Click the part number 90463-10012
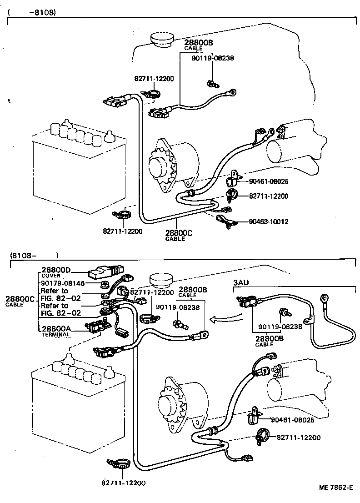pos(269,222)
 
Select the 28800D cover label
pos(56,270)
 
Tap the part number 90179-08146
pos(62,283)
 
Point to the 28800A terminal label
pos(56,329)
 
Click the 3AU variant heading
pos(241,283)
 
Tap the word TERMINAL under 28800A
pos(55,334)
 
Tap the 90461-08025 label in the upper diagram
pos(269,181)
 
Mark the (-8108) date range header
pos(32,13)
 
